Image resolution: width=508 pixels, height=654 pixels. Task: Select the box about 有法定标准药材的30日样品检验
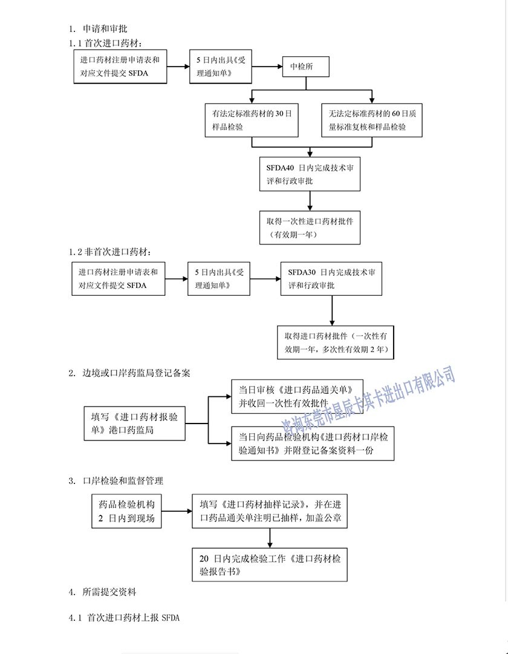[251, 120]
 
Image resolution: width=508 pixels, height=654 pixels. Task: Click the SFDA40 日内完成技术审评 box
[309, 174]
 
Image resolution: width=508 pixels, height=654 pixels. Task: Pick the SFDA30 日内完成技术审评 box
[331, 279]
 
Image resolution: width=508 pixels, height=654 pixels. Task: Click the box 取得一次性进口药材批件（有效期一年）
[309, 227]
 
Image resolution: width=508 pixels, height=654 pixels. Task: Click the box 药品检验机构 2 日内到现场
[126, 511]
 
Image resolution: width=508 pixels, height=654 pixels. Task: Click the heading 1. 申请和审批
[98, 28]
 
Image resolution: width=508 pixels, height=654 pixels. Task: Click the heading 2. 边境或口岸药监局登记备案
[129, 373]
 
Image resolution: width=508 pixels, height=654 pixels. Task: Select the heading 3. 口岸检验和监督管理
[116, 481]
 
